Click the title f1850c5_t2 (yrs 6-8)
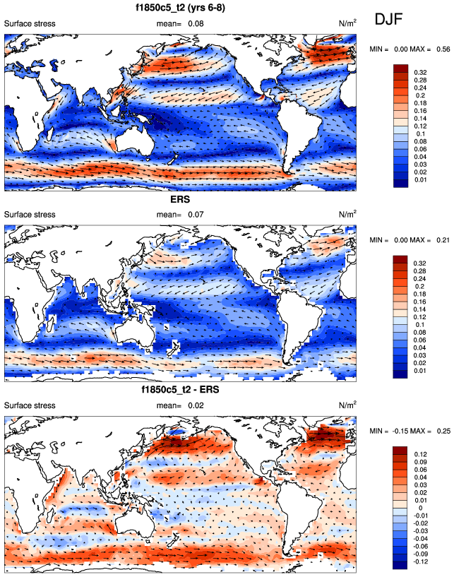[x=182, y=8]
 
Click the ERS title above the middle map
[x=181, y=200]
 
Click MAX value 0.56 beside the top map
[x=441, y=48]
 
